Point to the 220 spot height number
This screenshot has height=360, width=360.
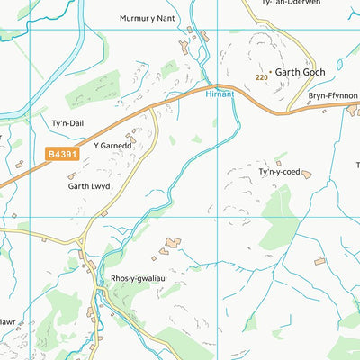(x=261, y=78)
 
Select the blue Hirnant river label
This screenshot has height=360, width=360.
(x=220, y=93)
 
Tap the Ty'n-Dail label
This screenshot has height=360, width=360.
(x=66, y=123)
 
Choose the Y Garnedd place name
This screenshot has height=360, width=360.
(x=113, y=144)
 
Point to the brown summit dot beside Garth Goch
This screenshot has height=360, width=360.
(x=270, y=71)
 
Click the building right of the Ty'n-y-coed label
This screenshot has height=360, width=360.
(x=307, y=174)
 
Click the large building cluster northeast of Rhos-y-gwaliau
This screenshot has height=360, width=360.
(x=172, y=243)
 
